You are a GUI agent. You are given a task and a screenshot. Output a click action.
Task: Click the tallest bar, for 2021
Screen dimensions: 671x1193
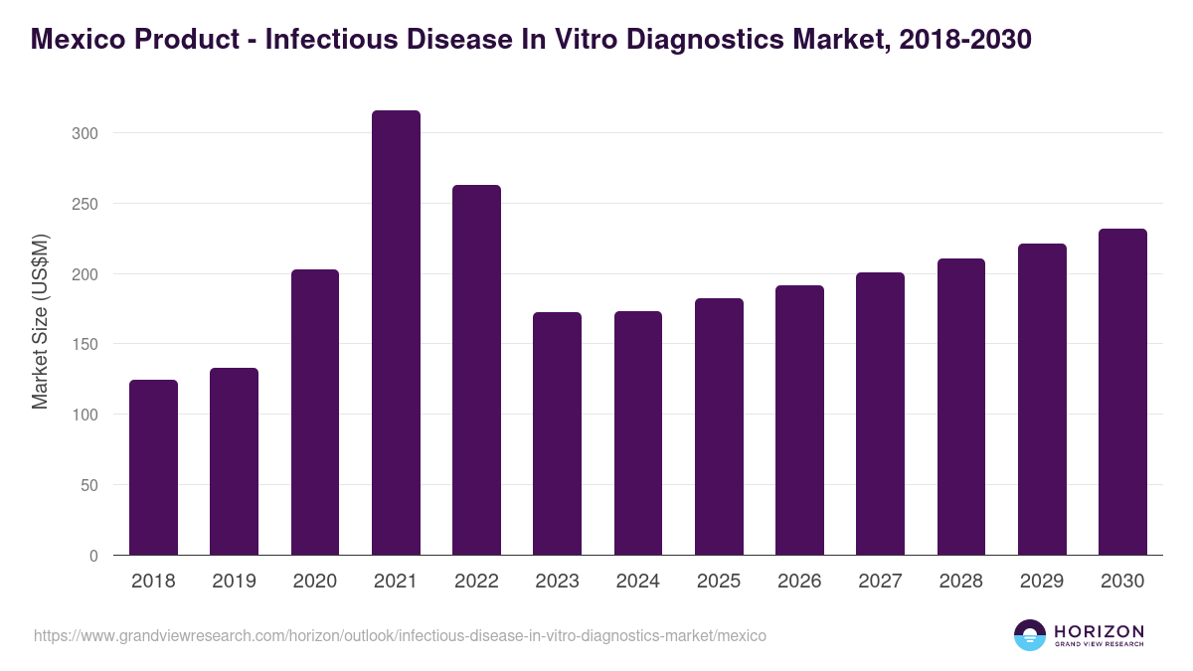(396, 333)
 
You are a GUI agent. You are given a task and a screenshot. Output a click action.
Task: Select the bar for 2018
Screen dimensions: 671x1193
(153, 467)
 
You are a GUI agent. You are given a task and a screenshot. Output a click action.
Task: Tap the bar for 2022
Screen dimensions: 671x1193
(476, 370)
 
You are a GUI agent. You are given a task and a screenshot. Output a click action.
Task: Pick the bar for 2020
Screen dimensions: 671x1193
(315, 413)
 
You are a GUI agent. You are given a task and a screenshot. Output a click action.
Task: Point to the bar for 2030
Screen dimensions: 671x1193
(1122, 392)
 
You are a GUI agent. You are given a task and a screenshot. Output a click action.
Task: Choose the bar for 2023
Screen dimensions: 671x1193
(557, 433)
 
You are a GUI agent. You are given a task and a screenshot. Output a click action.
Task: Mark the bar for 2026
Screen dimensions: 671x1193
(799, 420)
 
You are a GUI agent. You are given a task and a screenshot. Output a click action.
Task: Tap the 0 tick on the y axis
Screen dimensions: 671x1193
(93, 556)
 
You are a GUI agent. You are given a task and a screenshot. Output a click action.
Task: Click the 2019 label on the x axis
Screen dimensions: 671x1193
(234, 582)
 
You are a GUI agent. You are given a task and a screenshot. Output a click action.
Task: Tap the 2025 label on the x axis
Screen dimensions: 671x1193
(719, 582)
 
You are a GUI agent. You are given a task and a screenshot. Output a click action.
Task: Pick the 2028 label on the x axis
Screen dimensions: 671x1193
(961, 582)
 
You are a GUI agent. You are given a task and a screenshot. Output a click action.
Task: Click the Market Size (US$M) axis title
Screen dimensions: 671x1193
(40, 321)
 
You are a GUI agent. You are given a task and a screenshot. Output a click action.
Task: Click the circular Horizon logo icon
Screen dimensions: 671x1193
(1029, 635)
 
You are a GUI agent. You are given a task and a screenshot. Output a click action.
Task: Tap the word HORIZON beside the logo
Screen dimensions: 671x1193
(1099, 630)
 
